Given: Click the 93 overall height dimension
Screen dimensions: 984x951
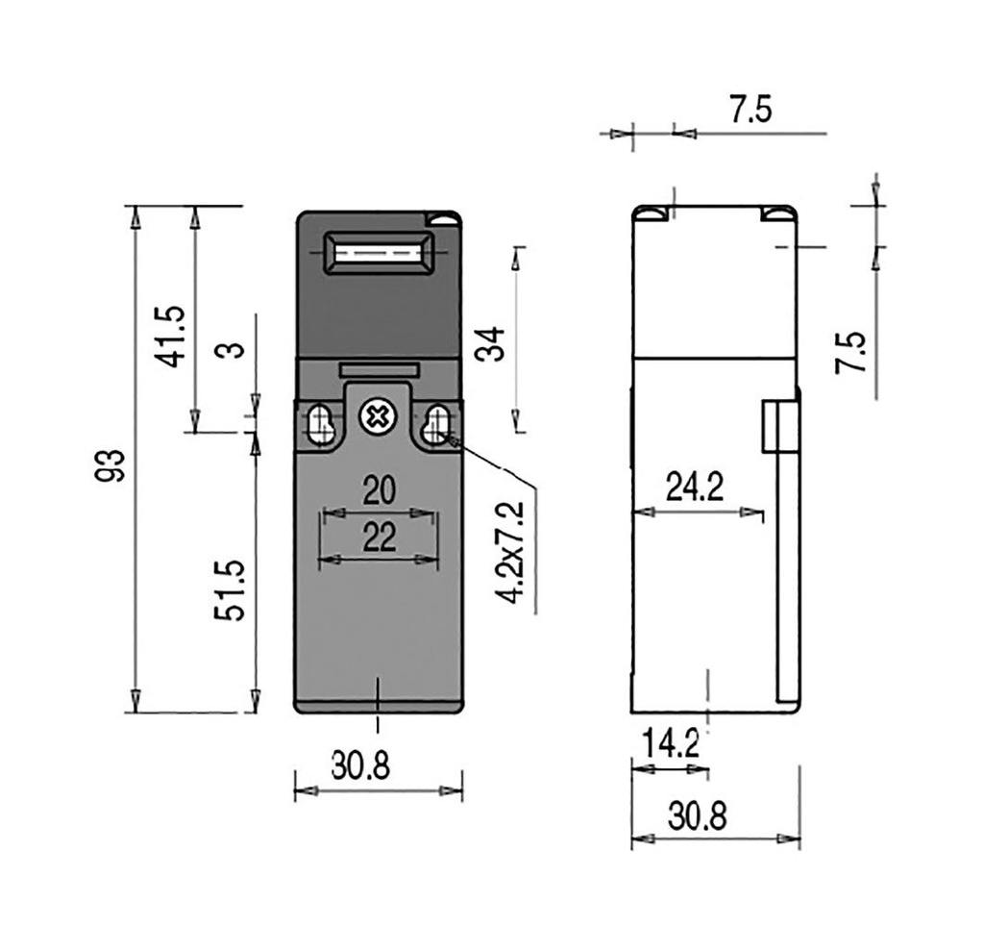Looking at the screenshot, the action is (x=110, y=464).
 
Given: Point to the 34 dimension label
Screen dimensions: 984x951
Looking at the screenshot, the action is (x=489, y=343).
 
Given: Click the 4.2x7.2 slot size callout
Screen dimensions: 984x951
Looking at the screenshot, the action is (x=511, y=553).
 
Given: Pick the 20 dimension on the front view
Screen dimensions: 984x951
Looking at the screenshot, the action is (x=379, y=491).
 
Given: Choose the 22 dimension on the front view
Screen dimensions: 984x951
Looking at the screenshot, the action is (x=379, y=538).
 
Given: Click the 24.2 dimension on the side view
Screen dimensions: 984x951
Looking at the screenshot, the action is (x=695, y=487).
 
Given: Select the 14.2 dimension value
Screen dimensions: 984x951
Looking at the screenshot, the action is (x=671, y=745).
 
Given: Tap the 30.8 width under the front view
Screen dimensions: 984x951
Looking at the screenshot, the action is (x=360, y=765).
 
